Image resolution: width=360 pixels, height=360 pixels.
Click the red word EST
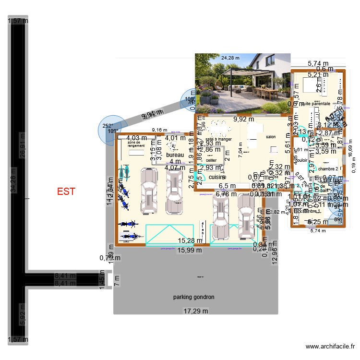click(x=66, y=192)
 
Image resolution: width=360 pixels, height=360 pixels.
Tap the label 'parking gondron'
click(x=193, y=297)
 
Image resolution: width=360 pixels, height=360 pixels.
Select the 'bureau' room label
click(x=175, y=156)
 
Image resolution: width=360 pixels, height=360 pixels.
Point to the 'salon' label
click(x=272, y=137)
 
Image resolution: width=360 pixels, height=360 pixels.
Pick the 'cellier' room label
click(x=211, y=160)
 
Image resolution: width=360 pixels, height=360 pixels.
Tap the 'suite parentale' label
click(x=315, y=103)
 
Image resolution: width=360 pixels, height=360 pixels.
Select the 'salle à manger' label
click(x=219, y=139)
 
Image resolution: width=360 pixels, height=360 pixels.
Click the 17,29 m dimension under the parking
click(x=194, y=311)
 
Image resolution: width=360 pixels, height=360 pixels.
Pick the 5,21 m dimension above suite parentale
click(x=317, y=74)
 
